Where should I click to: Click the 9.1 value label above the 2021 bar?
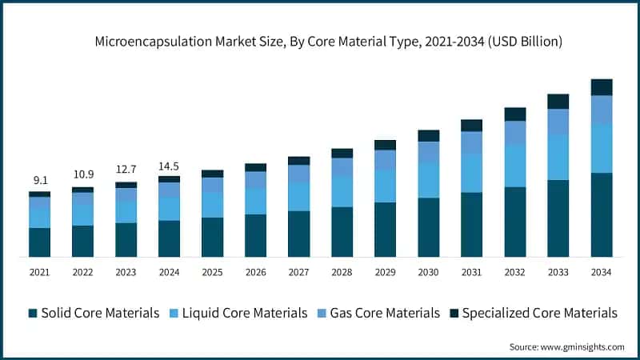click(39, 180)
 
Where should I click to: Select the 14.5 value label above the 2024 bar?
click(169, 166)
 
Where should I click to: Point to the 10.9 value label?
click(82, 174)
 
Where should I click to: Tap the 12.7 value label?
click(126, 170)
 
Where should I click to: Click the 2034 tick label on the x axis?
click(601, 273)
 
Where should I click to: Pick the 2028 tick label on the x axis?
click(342, 273)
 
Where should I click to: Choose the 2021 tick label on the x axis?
click(39, 273)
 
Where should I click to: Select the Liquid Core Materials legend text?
click(244, 313)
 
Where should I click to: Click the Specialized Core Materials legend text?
click(539, 313)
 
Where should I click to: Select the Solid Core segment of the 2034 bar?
click(601, 214)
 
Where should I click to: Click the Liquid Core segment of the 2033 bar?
click(558, 157)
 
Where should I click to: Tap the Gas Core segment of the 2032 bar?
click(514, 133)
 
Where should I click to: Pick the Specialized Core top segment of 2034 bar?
click(601, 86)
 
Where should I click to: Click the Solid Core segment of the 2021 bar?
click(39, 242)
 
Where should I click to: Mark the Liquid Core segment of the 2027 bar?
click(298, 197)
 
